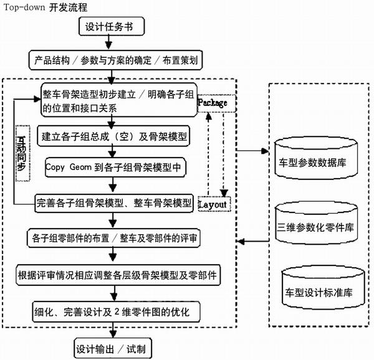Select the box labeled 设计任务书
point(112,27)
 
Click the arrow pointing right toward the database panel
point(252,150)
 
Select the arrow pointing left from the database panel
point(252,240)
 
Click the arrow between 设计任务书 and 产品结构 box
point(111,43)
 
